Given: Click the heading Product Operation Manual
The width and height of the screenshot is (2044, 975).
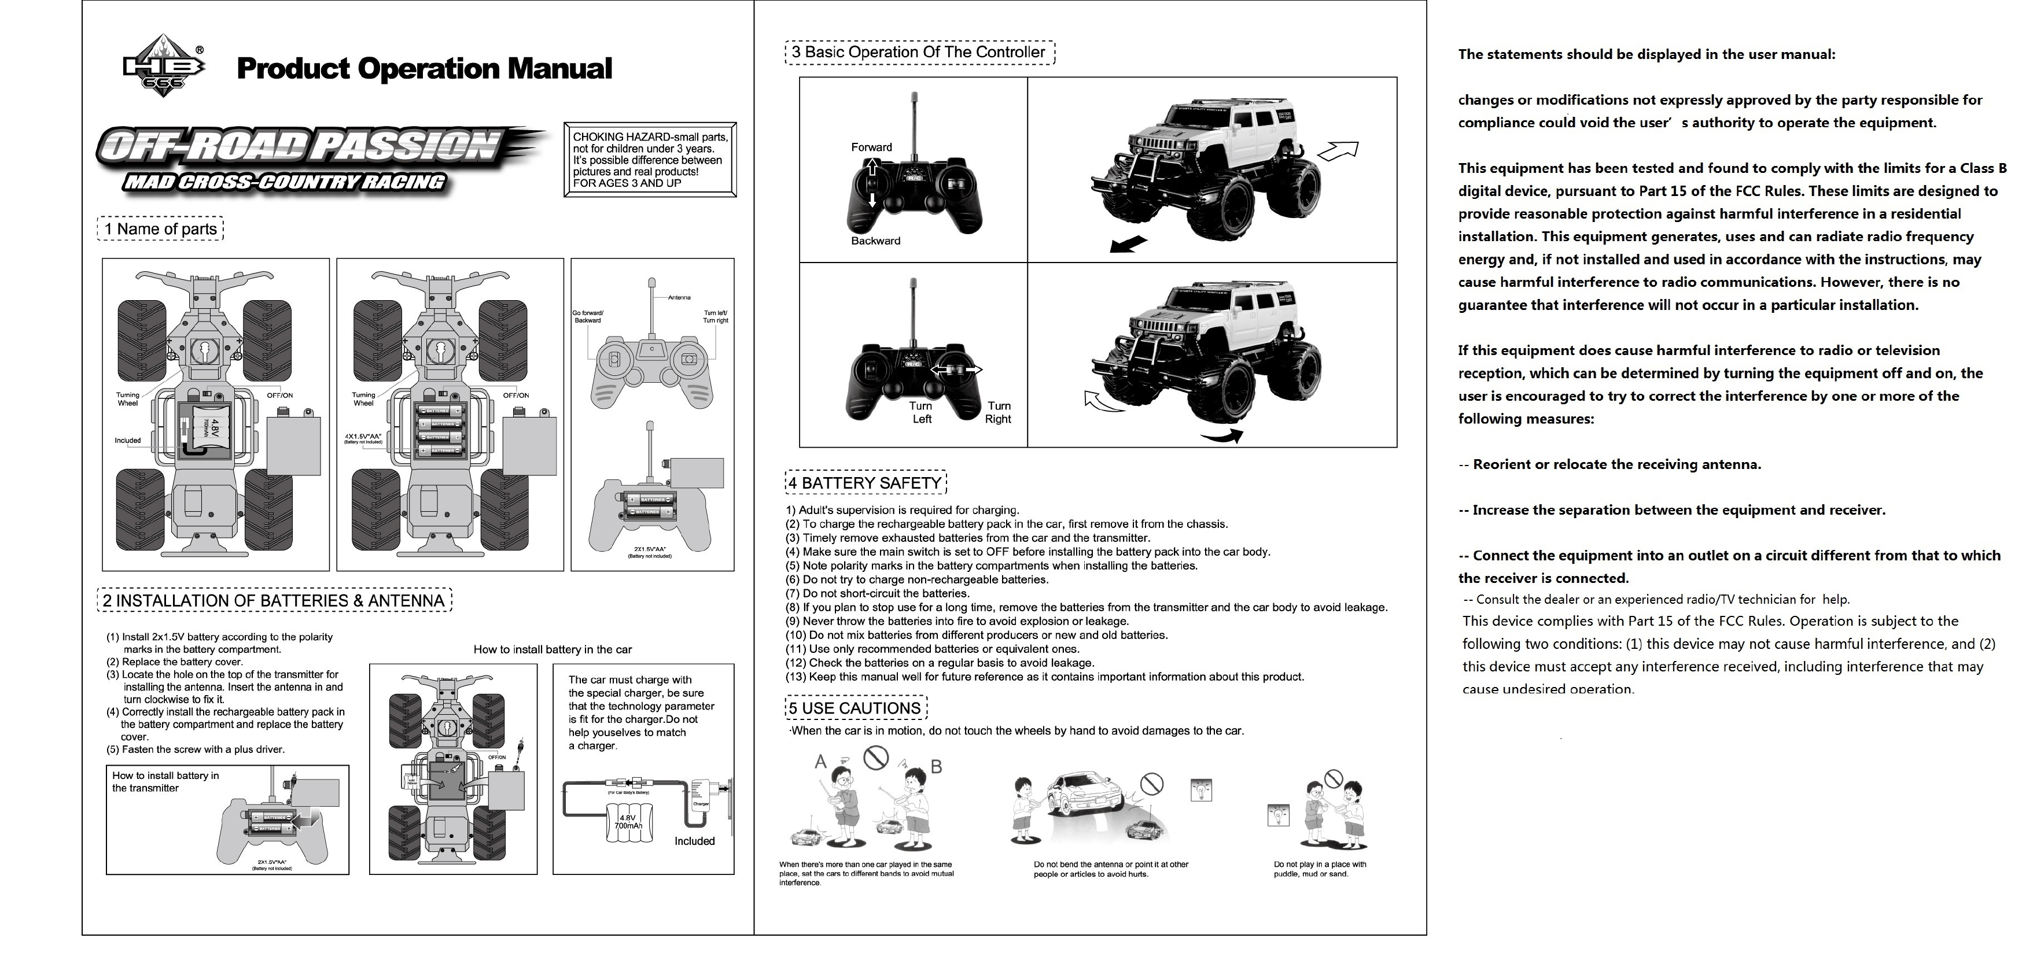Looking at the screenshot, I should (425, 68).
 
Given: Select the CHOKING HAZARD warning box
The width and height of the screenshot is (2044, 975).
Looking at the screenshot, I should (650, 160).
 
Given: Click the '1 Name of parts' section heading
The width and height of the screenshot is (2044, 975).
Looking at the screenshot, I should (160, 229).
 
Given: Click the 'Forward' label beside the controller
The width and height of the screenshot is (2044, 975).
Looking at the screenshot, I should (871, 147).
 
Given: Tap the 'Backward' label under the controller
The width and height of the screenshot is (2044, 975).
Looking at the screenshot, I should (875, 241).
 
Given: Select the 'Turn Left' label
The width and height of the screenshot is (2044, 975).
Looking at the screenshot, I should (920, 412).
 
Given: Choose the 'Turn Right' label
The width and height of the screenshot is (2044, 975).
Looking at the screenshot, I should (998, 412).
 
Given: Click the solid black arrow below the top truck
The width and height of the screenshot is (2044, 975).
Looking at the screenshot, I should (1128, 245).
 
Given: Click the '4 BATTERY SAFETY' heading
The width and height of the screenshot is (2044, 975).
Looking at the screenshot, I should (866, 483).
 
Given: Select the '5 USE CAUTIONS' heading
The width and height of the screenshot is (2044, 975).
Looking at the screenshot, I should (855, 708).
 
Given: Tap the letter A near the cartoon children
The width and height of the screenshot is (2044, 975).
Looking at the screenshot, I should (822, 762).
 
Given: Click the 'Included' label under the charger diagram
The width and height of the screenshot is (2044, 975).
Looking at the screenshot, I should (694, 841).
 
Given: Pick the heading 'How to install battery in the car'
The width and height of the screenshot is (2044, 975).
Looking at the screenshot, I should (553, 649).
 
